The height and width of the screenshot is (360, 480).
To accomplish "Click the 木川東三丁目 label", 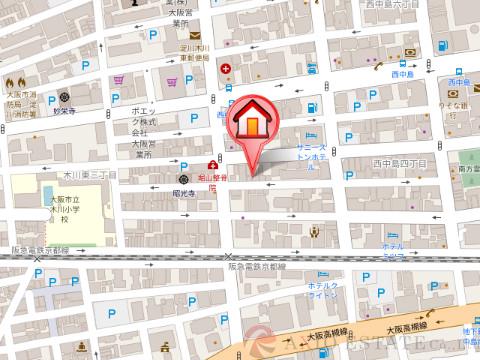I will [x=78, y=173].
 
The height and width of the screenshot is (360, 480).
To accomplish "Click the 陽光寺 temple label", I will [x=181, y=186].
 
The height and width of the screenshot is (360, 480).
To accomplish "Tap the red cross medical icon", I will [x=227, y=71].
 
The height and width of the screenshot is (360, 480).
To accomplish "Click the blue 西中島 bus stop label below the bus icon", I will [x=403, y=75].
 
